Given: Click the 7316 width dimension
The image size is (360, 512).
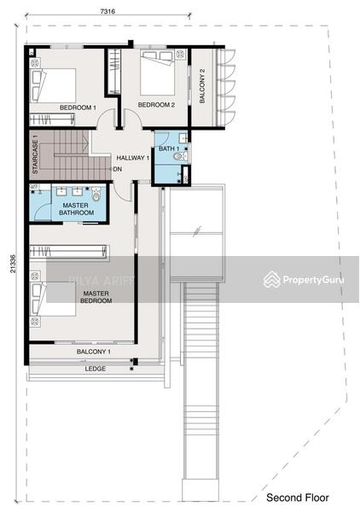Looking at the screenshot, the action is [x=107, y=11].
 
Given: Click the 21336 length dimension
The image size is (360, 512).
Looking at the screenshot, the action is [x=13, y=264].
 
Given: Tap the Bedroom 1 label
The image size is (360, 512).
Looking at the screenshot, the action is [x=78, y=108].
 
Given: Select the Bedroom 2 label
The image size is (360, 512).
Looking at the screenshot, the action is [x=156, y=105].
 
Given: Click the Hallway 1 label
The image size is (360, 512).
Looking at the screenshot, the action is [x=132, y=158].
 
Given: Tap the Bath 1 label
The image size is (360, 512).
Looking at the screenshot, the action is [x=169, y=148].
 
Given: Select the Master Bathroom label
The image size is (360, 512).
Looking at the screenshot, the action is [x=76, y=209].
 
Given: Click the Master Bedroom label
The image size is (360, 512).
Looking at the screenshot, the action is [x=96, y=297].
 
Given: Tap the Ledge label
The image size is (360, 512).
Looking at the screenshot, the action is [x=96, y=369].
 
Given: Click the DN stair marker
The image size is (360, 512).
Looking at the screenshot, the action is [x=118, y=169].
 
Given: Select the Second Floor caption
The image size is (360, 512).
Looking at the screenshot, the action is [x=298, y=497].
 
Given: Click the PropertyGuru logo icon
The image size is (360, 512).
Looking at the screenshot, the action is [x=272, y=280].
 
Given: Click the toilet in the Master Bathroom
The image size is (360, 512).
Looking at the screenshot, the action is [x=96, y=195].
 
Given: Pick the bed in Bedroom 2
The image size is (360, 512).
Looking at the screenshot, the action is [x=157, y=73].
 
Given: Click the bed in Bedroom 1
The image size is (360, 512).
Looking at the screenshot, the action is [x=53, y=85].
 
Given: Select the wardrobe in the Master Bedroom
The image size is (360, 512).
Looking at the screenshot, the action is [x=68, y=252].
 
